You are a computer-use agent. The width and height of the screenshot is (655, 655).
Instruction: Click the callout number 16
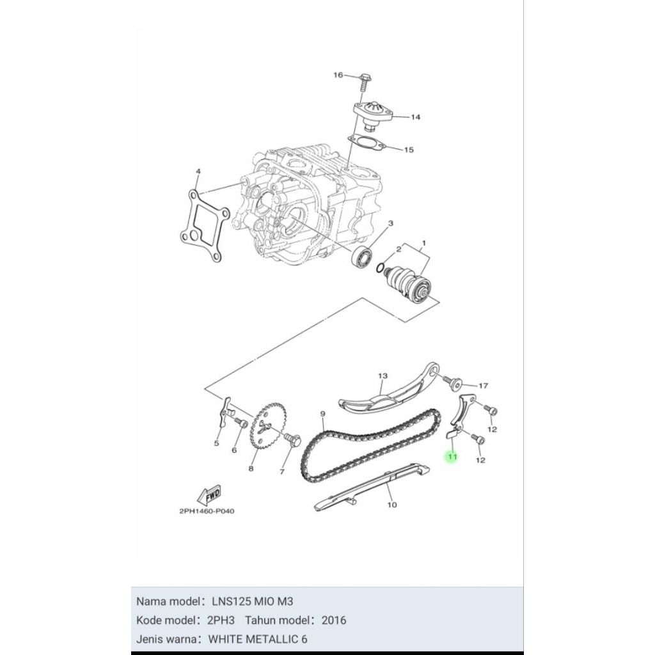(338, 75)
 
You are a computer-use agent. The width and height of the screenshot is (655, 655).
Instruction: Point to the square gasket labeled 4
(201, 225)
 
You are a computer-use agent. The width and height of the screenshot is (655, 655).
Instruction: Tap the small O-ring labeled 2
(382, 267)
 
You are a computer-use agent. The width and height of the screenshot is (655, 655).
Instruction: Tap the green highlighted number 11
(452, 457)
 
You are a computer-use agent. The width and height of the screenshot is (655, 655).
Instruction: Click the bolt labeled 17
(455, 384)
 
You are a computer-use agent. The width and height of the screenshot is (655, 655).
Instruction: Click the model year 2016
(334, 620)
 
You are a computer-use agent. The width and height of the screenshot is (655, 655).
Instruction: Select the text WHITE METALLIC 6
(259, 639)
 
